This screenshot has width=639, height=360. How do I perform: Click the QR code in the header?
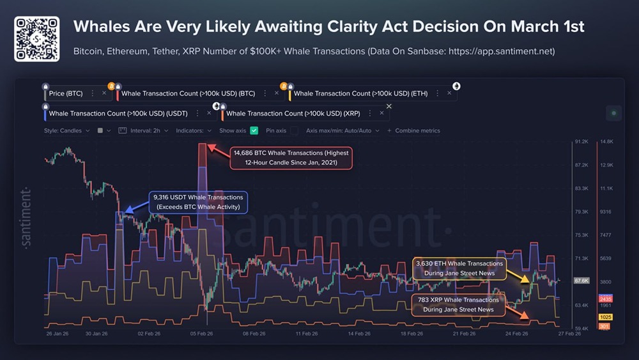[36, 39]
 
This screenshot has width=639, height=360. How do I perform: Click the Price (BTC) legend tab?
[66, 93]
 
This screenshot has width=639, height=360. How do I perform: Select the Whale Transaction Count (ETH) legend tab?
[360, 93]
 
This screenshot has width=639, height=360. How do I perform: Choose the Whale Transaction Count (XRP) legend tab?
[293, 114]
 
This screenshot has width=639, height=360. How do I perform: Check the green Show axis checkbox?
[254, 130]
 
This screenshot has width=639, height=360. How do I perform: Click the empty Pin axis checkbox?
[294, 130]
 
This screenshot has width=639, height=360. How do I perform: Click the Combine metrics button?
[417, 130]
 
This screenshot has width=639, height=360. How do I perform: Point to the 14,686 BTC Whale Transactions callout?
[291, 158]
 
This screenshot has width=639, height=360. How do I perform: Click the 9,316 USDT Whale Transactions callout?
[199, 202]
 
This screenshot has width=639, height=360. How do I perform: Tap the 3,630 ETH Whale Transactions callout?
[459, 269]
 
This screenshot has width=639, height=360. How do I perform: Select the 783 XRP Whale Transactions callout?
[459, 304]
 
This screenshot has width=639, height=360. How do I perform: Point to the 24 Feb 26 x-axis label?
[516, 334]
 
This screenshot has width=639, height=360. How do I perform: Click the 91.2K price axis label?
[581, 142]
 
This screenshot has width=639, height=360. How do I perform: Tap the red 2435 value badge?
[605, 299]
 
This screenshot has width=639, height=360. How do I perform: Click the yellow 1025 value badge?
[605, 317]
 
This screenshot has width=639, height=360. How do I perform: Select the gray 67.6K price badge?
[581, 281]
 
